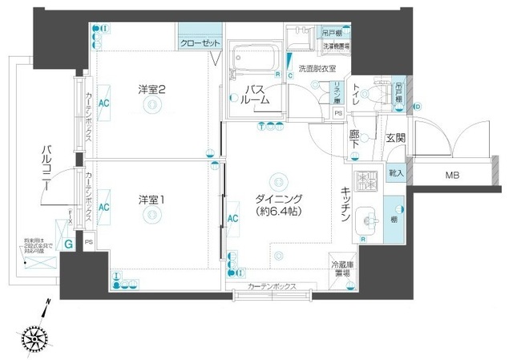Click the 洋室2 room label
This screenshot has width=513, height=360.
(x=150, y=90)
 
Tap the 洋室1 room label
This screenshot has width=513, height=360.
(x=150, y=199)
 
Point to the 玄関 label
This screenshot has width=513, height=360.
(x=394, y=139)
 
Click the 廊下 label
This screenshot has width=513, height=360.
(x=354, y=139)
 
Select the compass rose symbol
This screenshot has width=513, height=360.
(x=35, y=338)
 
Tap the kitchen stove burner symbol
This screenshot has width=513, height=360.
(x=366, y=181)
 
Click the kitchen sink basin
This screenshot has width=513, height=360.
(x=367, y=218)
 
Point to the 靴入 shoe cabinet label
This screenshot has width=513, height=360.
(x=395, y=172)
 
